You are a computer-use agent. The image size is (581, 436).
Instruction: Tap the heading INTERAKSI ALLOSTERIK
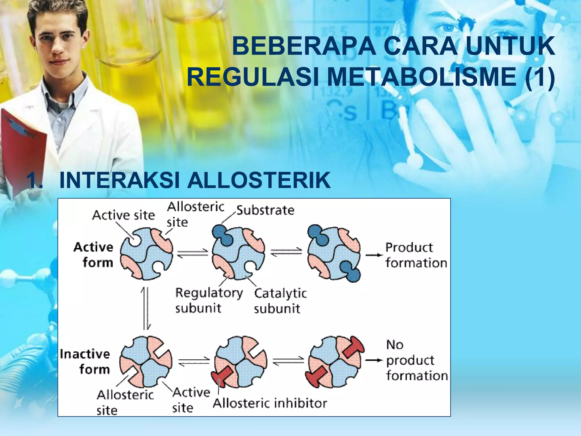click(x=195, y=180)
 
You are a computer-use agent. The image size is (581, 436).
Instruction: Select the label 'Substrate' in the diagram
click(x=265, y=210)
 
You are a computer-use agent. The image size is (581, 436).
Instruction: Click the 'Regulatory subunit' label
click(x=209, y=300)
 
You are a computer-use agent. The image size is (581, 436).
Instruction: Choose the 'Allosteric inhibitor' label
click(x=270, y=403)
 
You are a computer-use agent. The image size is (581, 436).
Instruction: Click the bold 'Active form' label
click(x=94, y=255)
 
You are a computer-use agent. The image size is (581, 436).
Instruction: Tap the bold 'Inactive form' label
click(x=85, y=362)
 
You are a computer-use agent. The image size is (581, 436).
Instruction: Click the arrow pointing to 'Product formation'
click(x=374, y=255)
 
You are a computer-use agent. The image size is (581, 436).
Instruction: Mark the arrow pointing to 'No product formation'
click(x=374, y=360)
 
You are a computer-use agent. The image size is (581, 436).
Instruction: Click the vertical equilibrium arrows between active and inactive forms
click(x=146, y=308)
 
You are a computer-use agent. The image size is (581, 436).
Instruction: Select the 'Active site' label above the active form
click(x=123, y=215)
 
